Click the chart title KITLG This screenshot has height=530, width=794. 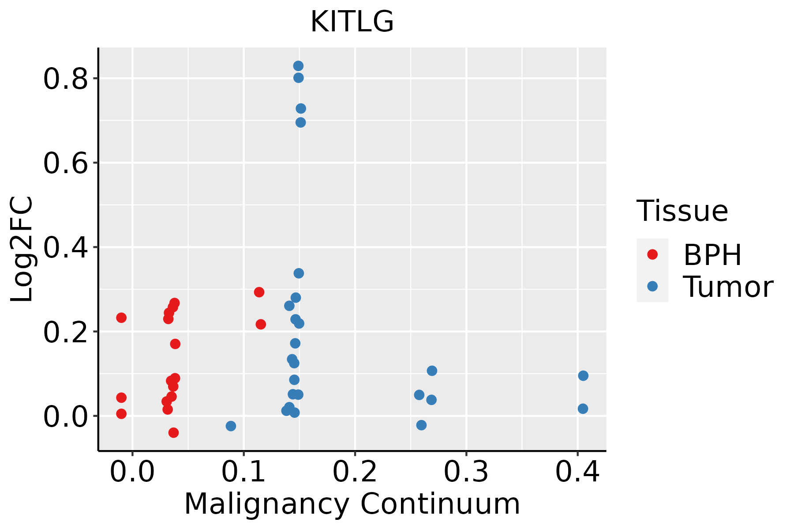[352, 22]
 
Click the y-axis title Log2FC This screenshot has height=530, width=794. [22, 250]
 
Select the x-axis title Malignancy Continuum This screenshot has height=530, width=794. [352, 504]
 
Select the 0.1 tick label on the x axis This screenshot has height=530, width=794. [243, 472]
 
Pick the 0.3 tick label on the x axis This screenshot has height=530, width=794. [466, 472]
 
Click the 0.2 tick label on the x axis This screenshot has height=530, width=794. [355, 472]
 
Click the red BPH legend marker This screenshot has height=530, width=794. [652, 254]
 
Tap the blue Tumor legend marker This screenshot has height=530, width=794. [652, 286]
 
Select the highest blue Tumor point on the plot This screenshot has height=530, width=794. [298, 66]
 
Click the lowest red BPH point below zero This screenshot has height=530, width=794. [173, 432]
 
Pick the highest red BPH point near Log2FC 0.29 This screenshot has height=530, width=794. [259, 292]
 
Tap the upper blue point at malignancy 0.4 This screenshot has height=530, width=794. [583, 376]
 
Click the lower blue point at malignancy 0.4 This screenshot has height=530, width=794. [583, 409]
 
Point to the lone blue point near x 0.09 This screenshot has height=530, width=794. [231, 426]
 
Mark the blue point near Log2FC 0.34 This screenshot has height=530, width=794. [299, 273]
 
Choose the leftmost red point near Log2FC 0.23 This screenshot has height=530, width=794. [121, 318]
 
